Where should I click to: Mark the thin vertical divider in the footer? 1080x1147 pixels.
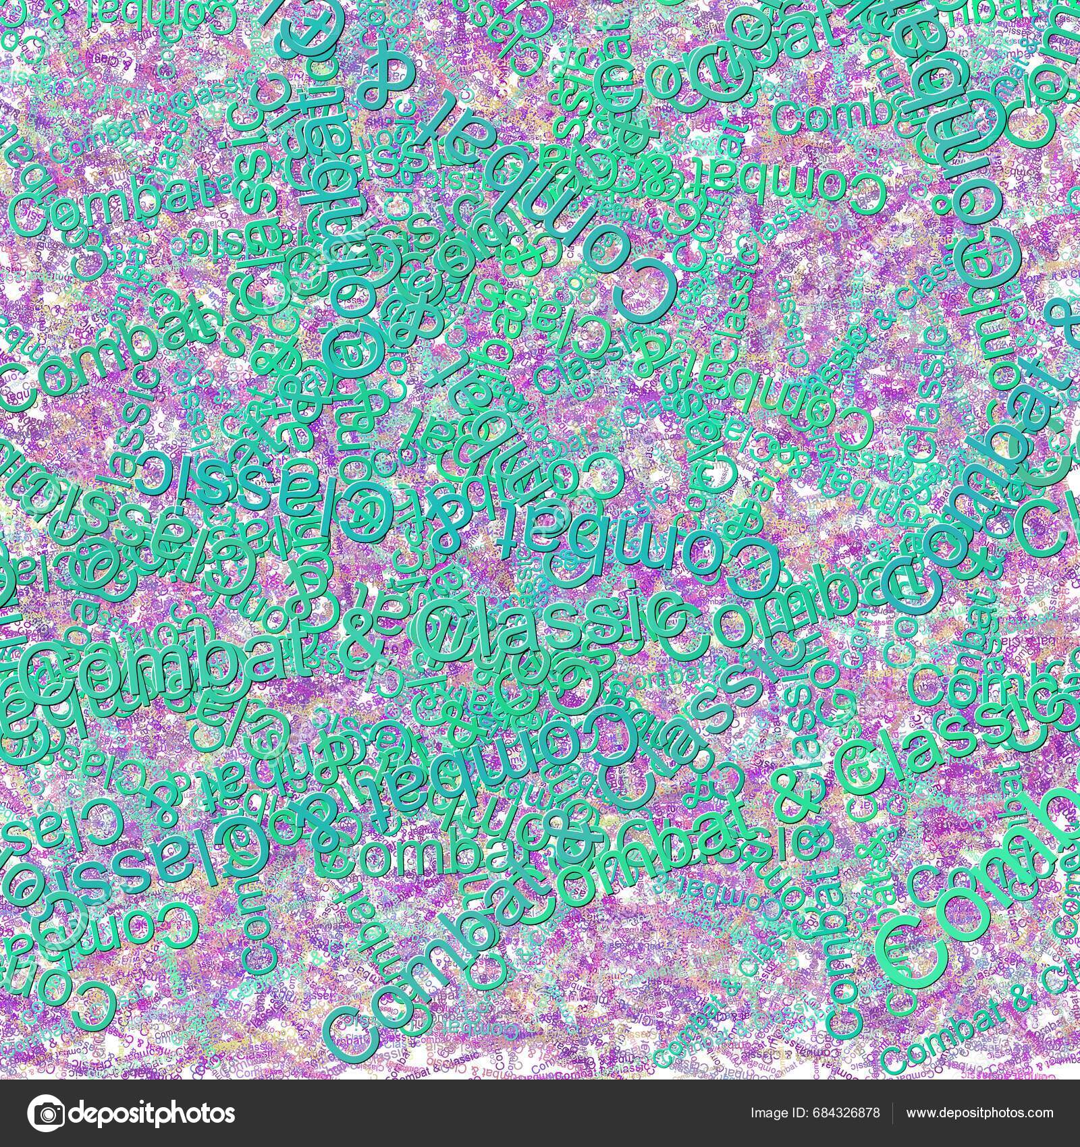tap(894, 1113)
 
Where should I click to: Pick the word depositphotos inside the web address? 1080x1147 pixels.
tap(981, 1113)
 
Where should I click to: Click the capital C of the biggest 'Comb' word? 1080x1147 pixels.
tap(905, 945)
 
